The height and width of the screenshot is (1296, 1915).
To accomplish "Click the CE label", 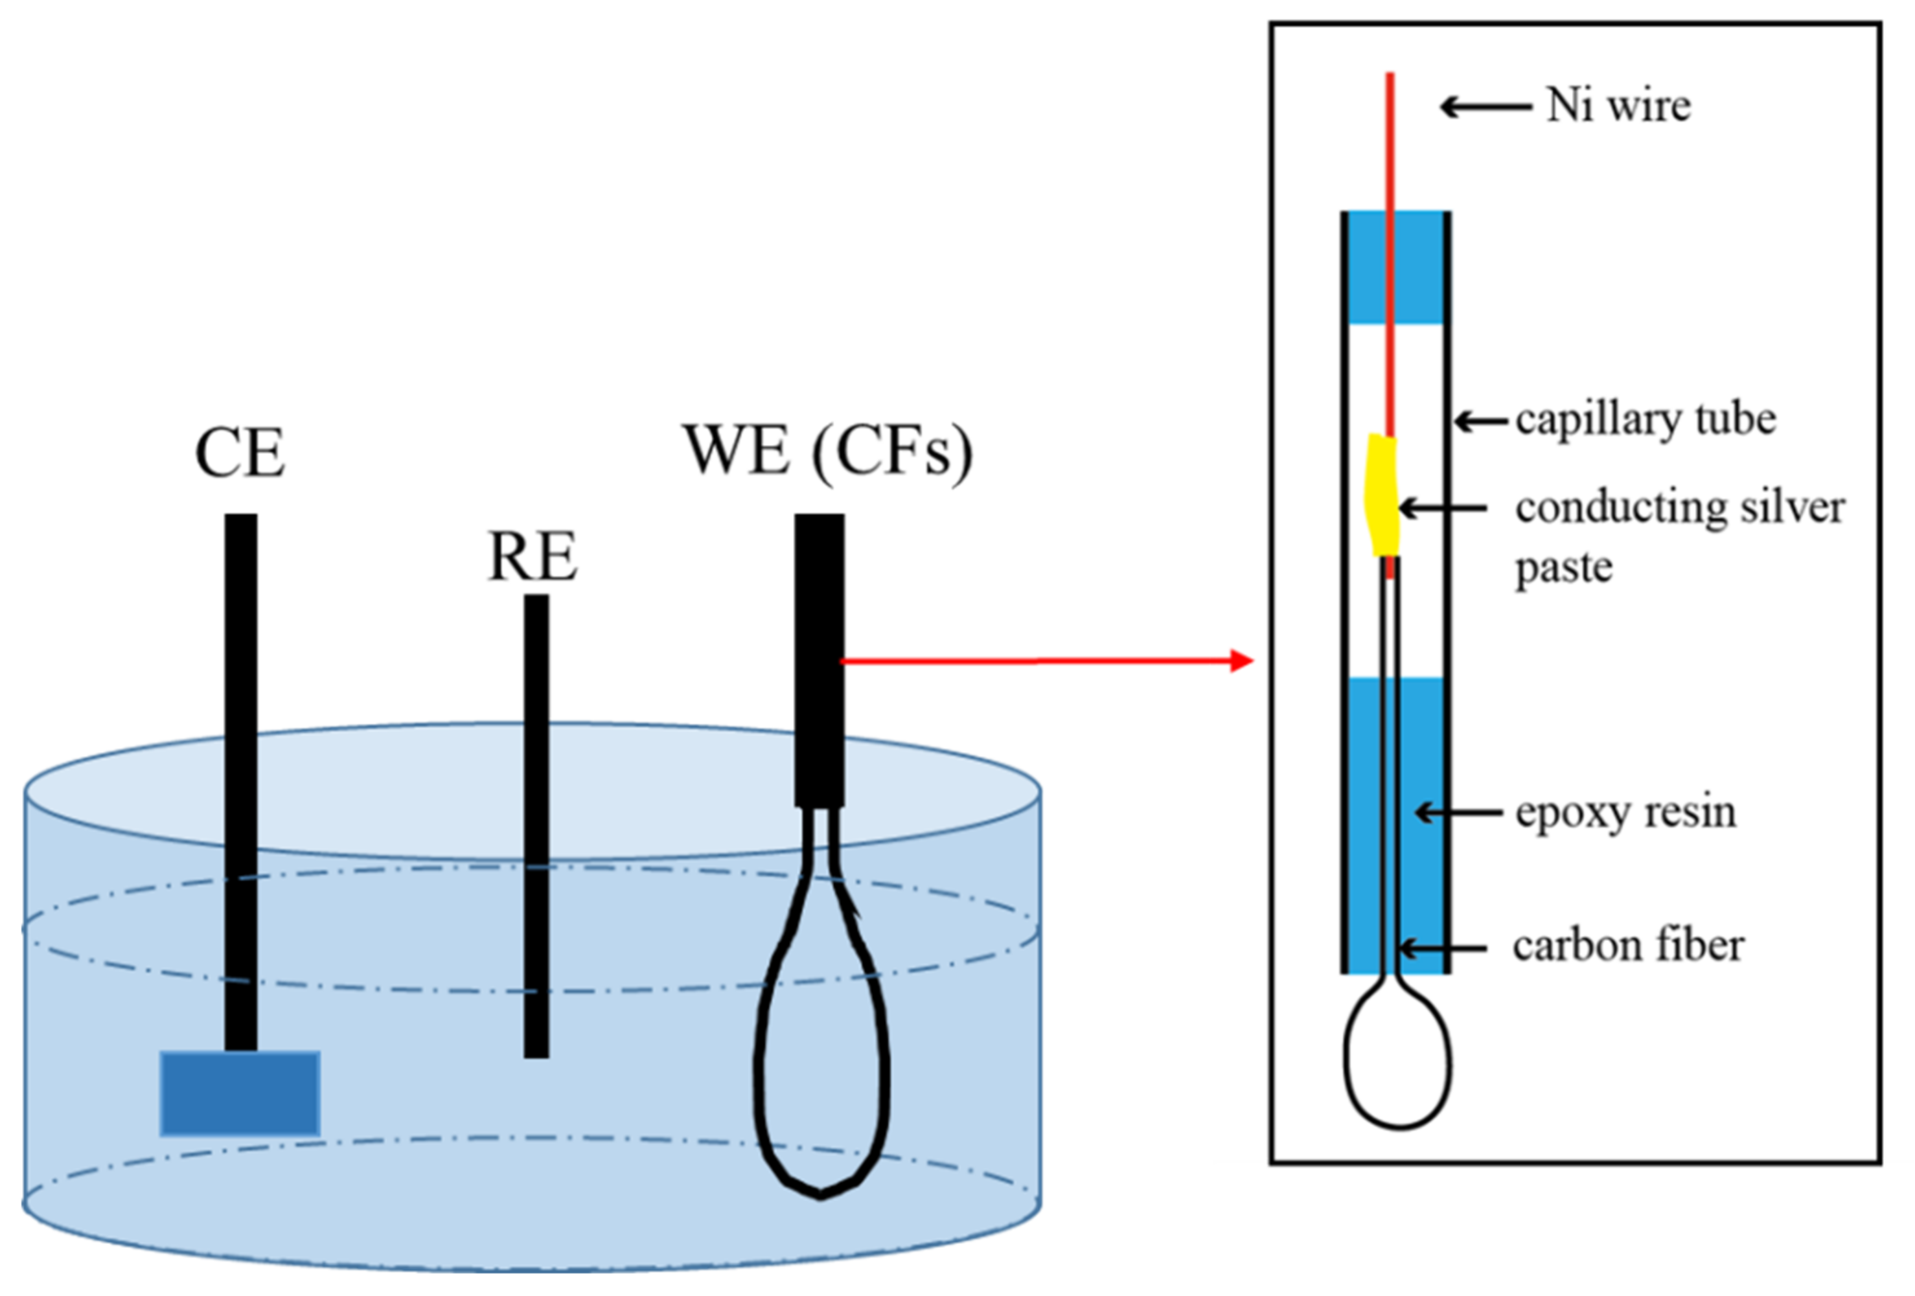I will (x=240, y=453).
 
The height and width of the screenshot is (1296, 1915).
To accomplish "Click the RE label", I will (x=533, y=557).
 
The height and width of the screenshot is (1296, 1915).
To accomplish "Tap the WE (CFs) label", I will (x=827, y=451).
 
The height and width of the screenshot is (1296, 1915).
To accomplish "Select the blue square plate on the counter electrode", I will (x=240, y=1093).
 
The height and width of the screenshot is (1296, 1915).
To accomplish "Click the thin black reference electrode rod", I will (x=536, y=824).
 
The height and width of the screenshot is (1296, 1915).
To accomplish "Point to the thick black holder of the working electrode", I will (x=819, y=659).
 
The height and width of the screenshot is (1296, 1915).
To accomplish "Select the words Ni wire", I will (x=1618, y=106).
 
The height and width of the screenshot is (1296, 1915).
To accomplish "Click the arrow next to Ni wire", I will (x=1485, y=106).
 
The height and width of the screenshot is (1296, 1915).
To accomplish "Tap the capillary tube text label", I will (x=1645, y=420).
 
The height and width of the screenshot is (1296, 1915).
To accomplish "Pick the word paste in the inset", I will (x=1563, y=567).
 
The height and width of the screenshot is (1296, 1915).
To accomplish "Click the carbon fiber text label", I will (x=1627, y=946).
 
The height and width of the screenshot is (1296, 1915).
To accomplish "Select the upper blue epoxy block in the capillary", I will (x=1395, y=267).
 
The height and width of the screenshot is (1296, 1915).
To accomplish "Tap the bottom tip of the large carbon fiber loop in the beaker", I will (x=820, y=1195).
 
